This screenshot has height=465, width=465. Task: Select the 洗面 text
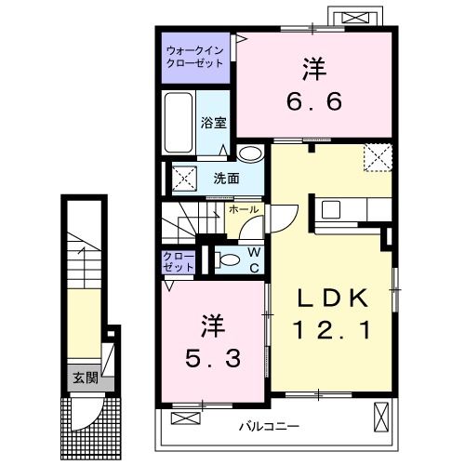tap(226, 178)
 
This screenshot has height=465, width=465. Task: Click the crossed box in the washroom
tap(183, 177)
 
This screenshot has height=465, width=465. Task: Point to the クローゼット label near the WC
tap(179, 260)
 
